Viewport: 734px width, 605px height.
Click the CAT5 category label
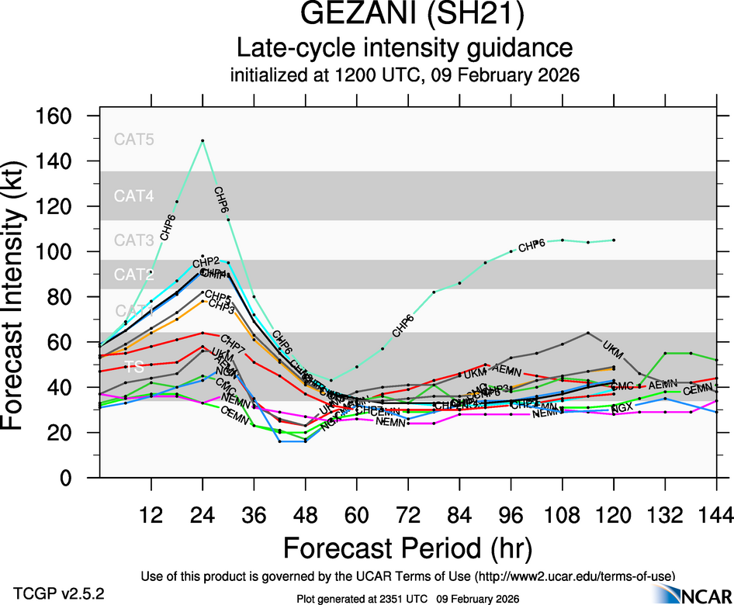pos(134,140)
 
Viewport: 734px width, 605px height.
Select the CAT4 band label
pos(134,196)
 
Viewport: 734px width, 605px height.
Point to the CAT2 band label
pos(134,275)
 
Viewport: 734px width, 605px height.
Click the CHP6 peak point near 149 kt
pos(203,140)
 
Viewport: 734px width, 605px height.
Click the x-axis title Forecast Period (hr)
pos(407,548)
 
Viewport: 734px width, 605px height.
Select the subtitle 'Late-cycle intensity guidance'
pos(404,49)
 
